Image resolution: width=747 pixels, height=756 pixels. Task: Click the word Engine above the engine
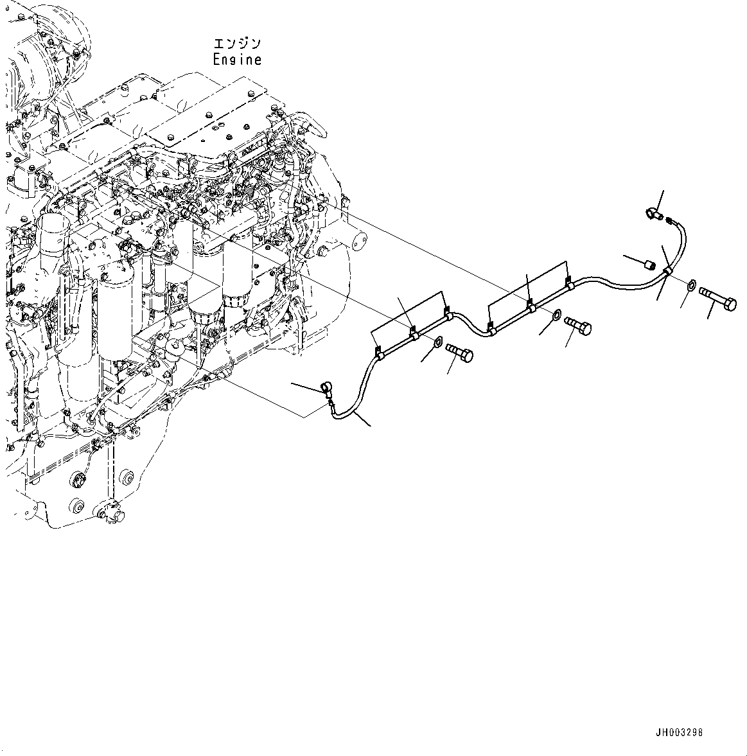(237, 60)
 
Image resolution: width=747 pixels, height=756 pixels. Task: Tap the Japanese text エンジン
(237, 44)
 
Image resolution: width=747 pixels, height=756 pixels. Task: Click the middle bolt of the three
(578, 326)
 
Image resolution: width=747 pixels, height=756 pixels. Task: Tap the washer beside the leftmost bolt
(437, 341)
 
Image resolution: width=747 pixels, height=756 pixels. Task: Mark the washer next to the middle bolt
(556, 314)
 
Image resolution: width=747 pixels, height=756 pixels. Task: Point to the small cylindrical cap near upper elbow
(649, 264)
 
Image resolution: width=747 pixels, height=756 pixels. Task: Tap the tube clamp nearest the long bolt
(668, 272)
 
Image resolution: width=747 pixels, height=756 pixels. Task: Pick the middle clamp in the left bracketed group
(414, 334)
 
